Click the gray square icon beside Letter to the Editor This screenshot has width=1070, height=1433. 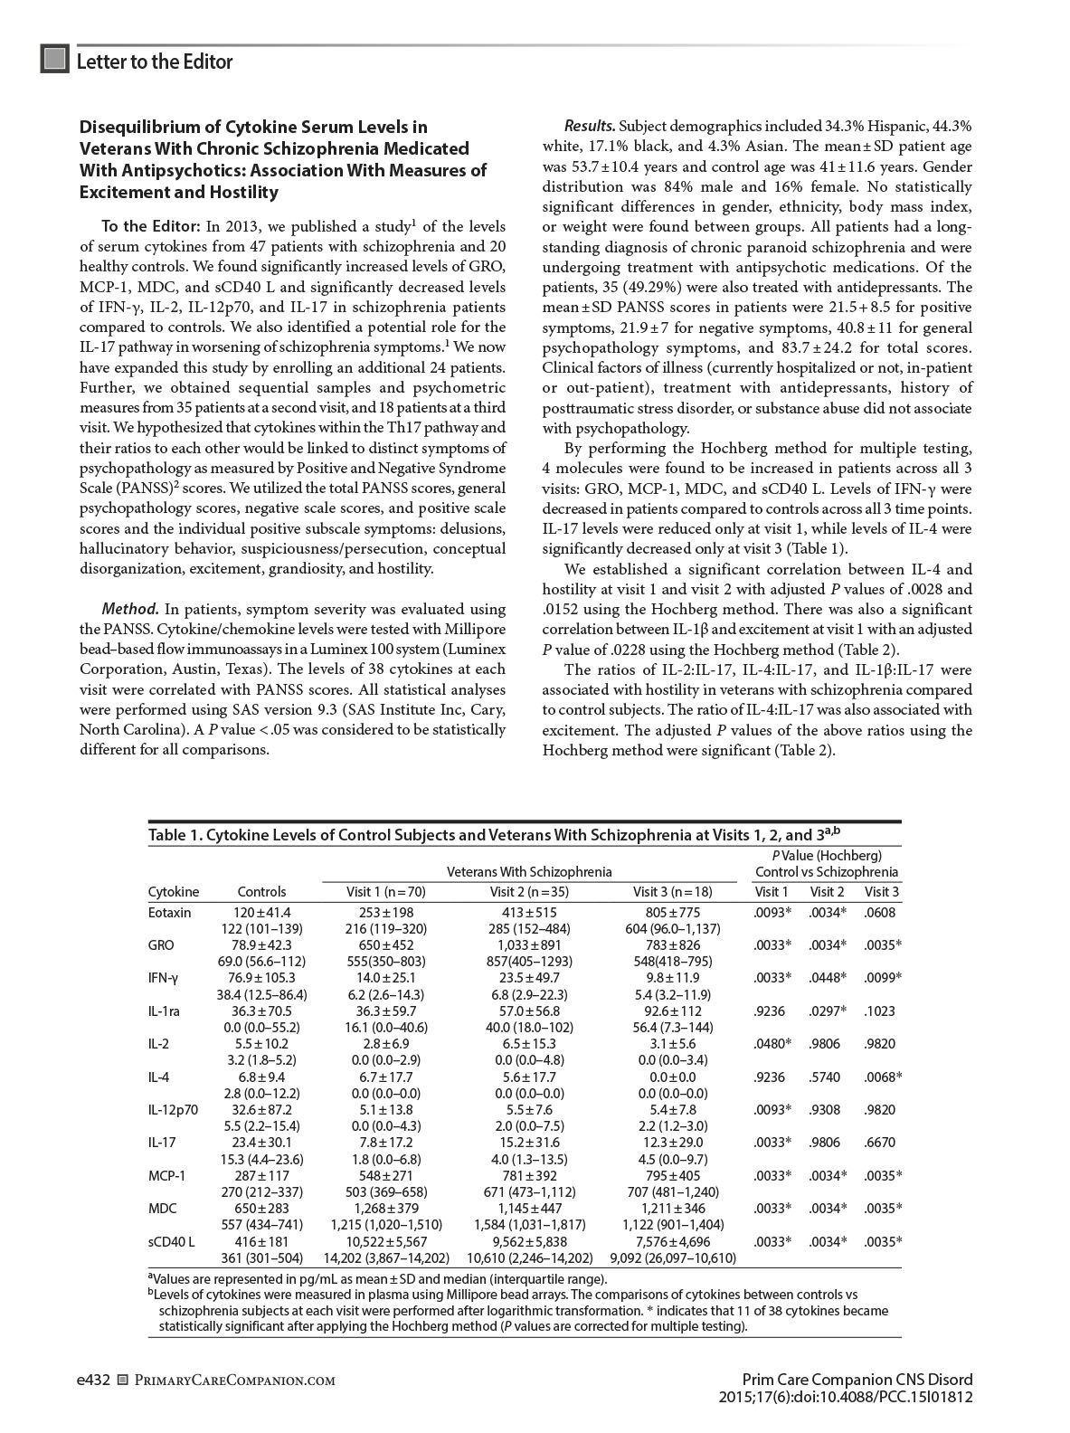coord(55,60)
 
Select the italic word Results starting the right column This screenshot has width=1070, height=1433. coord(590,127)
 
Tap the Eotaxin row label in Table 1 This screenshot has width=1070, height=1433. coord(170,913)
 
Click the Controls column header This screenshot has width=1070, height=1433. coord(261,892)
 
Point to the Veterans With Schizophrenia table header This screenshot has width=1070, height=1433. coord(529,872)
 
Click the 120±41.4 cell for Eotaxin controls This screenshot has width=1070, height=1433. coord(262,913)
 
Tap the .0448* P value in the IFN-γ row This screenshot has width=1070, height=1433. coord(827,978)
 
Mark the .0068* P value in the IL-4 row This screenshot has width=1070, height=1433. coord(882,1077)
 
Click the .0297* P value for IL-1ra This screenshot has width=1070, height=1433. coord(827,1011)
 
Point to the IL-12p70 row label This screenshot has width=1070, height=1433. coord(174,1110)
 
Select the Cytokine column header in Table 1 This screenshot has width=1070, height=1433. coord(174,892)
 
